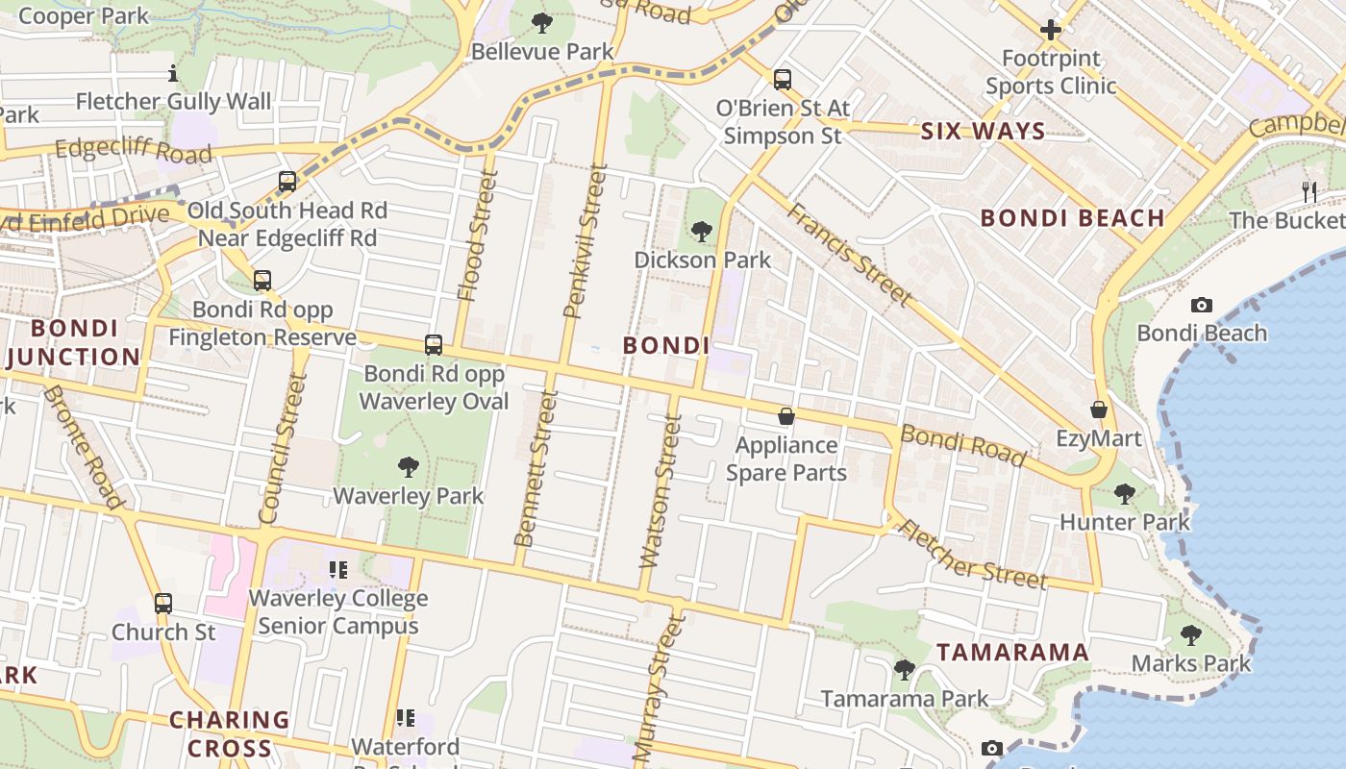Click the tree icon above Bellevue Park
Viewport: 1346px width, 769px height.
pos(542,21)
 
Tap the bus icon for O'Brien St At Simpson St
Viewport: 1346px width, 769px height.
pos(783,79)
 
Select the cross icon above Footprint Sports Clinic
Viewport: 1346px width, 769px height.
pos(1051,30)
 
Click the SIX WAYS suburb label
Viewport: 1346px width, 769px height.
pos(983,132)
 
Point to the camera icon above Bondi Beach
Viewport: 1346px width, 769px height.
pos(1201,305)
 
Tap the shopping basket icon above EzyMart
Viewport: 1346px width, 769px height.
pos(1099,409)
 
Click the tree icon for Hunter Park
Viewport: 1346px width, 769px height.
pos(1124,494)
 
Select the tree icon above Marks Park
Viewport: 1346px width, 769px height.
pos(1190,635)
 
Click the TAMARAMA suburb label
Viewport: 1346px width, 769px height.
pos(1012,653)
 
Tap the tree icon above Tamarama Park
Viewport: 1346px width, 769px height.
pos(904,670)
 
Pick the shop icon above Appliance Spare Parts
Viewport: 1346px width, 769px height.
pos(786,416)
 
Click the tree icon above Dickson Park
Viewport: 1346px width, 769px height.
pos(702,231)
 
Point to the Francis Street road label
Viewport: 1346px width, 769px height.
pos(850,254)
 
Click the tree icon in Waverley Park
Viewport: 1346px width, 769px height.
pos(409,467)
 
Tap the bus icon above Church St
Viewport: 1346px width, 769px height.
pos(163,604)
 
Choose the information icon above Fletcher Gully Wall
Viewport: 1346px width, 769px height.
pos(173,73)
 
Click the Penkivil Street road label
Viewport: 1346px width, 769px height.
pos(586,240)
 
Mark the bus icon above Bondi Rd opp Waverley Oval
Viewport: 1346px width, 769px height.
pos(434,344)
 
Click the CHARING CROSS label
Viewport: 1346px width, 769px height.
pos(229,733)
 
